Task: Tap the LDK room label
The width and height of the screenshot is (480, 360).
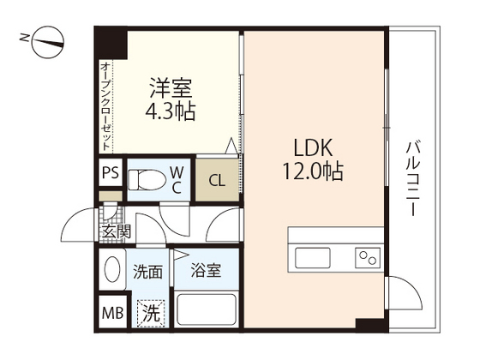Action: click(x=312, y=147)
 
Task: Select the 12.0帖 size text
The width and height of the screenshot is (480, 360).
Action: click(x=312, y=171)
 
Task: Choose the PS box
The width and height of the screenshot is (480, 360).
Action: click(x=110, y=173)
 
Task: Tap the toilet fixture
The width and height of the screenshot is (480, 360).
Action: click(x=148, y=180)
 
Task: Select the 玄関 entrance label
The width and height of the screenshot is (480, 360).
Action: click(x=115, y=231)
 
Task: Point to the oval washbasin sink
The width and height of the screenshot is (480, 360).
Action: click(x=112, y=273)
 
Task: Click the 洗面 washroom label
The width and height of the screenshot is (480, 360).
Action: click(x=147, y=273)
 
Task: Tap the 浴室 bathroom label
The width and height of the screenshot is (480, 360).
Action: click(x=207, y=272)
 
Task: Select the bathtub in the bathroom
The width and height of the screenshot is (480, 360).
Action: click(x=205, y=309)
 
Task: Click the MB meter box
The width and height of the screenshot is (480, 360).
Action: click(x=111, y=313)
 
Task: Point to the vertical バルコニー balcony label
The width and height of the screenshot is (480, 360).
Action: click(x=412, y=179)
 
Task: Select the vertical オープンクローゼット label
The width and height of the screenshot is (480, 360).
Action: click(x=105, y=104)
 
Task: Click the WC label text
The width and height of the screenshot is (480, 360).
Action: click(x=176, y=179)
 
